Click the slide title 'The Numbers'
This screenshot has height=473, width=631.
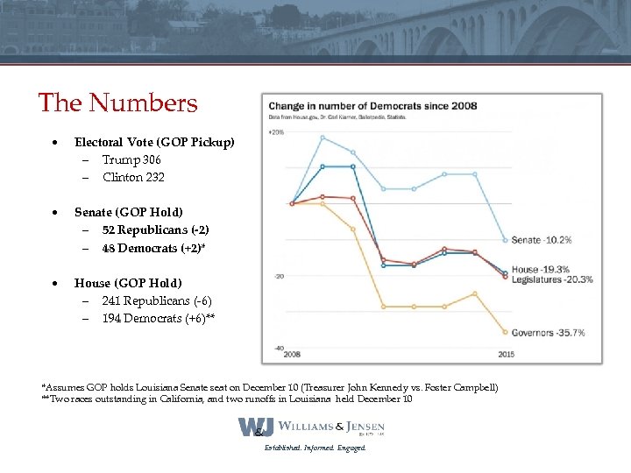pos(118,103)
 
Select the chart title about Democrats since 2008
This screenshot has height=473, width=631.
pos(372,106)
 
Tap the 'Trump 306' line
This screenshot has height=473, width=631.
pos(131,159)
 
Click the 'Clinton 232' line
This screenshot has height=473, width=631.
pos(133,177)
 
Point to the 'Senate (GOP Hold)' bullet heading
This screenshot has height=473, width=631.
pos(129,212)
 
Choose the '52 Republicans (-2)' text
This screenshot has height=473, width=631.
pos(155,229)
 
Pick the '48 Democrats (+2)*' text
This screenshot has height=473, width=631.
pos(153,248)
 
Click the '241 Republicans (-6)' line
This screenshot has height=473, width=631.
pos(156,300)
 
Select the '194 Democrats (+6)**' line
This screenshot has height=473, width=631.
pos(158,318)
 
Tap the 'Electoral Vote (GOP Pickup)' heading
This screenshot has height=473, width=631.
pos(154,142)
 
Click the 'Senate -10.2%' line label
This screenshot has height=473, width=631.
pos(542,240)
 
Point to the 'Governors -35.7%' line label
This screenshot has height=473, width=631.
pos(548,333)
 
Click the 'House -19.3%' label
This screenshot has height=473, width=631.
pos(542,270)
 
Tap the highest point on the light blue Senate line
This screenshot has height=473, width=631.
pos(323,138)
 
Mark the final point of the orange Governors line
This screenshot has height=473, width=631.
pos(505,332)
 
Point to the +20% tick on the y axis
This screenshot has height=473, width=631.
pos(276,132)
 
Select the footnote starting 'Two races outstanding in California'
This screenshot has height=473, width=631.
pos(228,399)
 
